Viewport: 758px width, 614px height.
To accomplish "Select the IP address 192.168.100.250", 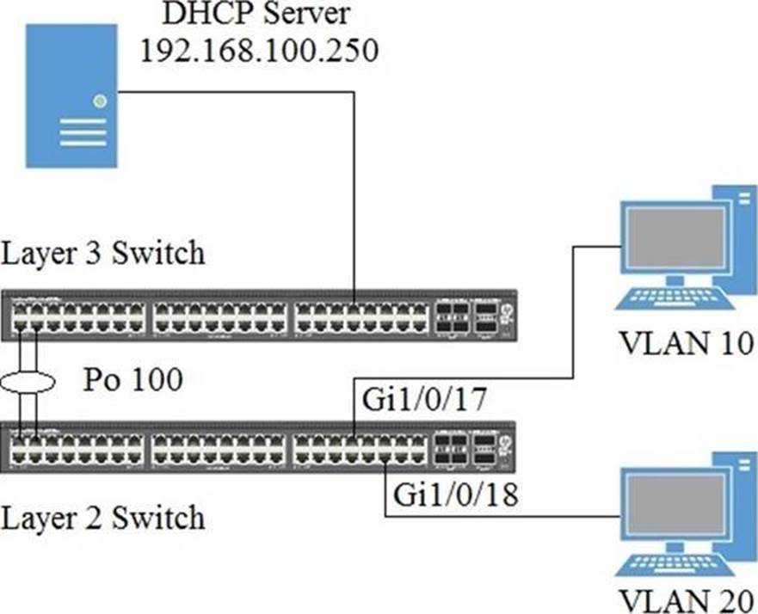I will coord(259,51).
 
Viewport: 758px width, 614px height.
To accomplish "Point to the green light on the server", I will coord(101,101).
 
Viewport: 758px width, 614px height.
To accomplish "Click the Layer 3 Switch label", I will coord(104,254).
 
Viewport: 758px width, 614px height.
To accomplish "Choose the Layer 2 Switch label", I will coord(104,518).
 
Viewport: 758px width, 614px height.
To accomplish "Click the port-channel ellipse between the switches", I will coord(28,379).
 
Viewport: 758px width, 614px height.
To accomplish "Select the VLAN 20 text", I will coord(685,599).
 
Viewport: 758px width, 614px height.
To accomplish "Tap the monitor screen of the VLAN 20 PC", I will coord(674,501).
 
